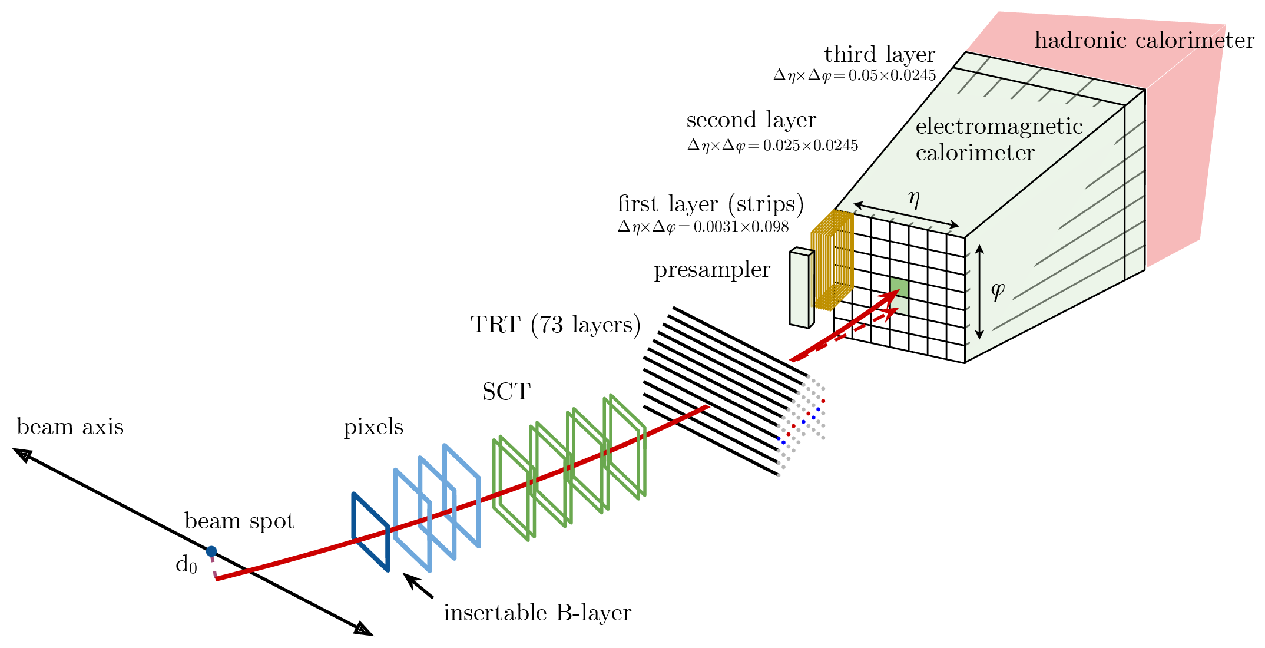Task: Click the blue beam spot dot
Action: click(x=211, y=551)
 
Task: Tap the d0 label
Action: click(x=186, y=565)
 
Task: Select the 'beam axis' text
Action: click(x=70, y=427)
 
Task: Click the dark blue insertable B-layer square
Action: click(x=370, y=531)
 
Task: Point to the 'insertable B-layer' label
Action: click(x=537, y=613)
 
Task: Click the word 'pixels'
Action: click(x=373, y=427)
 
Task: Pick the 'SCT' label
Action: click(x=506, y=392)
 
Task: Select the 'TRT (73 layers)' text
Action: click(x=555, y=325)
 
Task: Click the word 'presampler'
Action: click(x=711, y=270)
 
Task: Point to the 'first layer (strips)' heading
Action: click(x=710, y=204)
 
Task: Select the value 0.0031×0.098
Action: click(x=741, y=227)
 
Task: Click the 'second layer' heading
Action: click(x=751, y=120)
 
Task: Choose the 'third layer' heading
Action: click(x=879, y=55)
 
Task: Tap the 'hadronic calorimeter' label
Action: click(x=1144, y=40)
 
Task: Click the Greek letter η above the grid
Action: click(x=913, y=199)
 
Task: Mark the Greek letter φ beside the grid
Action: click(x=997, y=290)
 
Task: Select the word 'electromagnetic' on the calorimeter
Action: click(x=999, y=127)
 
